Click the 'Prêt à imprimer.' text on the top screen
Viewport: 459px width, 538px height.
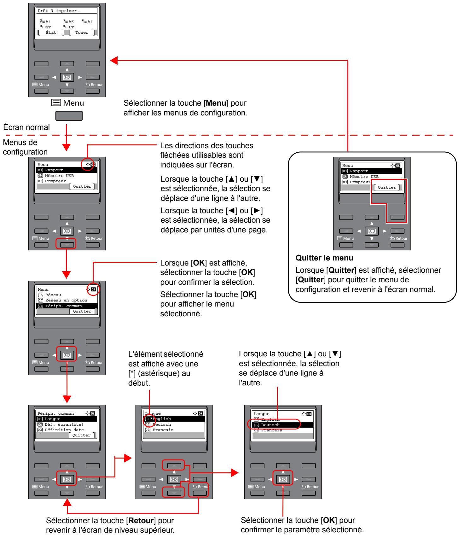pyautogui.click(x=54, y=11)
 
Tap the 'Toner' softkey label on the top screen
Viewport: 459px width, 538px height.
pyautogui.click(x=82, y=32)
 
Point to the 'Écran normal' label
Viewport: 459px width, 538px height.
pyautogui.click(x=26, y=128)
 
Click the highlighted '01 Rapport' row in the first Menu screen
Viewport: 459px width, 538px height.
pyautogui.click(x=66, y=170)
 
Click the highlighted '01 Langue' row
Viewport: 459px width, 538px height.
pyautogui.click(x=66, y=419)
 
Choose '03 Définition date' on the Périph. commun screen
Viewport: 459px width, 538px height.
pyautogui.click(x=64, y=430)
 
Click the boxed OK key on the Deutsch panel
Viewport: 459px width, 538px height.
pyautogui.click(x=283, y=479)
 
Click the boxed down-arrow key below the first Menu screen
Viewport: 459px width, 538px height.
pyautogui.click(x=67, y=245)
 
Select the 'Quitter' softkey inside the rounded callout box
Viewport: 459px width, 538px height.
pyautogui.click(x=387, y=187)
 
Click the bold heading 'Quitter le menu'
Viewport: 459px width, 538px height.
pyautogui.click(x=324, y=258)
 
